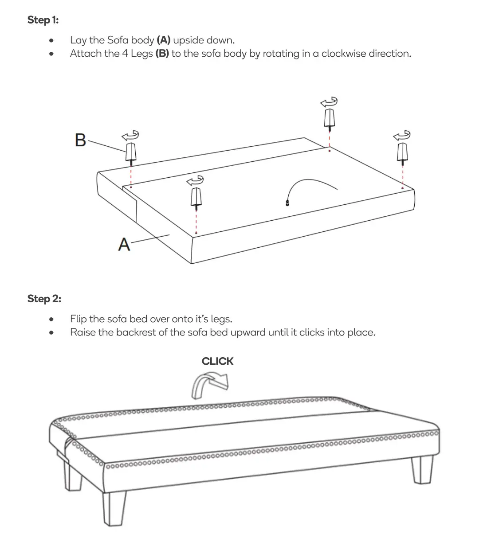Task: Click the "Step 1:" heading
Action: click(43, 20)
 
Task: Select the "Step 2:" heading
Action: click(44, 299)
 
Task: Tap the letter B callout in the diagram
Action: click(80, 140)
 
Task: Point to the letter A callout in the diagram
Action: click(124, 245)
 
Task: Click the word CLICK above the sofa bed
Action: click(217, 362)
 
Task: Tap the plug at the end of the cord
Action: click(288, 204)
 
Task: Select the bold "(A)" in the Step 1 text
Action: click(163, 40)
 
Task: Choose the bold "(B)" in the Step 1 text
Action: click(162, 54)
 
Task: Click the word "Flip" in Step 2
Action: click(78, 319)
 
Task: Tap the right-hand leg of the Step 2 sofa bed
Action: click(421, 469)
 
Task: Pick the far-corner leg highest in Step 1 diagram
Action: click(329, 118)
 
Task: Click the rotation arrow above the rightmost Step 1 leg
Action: click(402, 136)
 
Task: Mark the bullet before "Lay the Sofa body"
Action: click(52, 41)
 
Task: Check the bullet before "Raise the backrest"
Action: click(52, 333)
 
